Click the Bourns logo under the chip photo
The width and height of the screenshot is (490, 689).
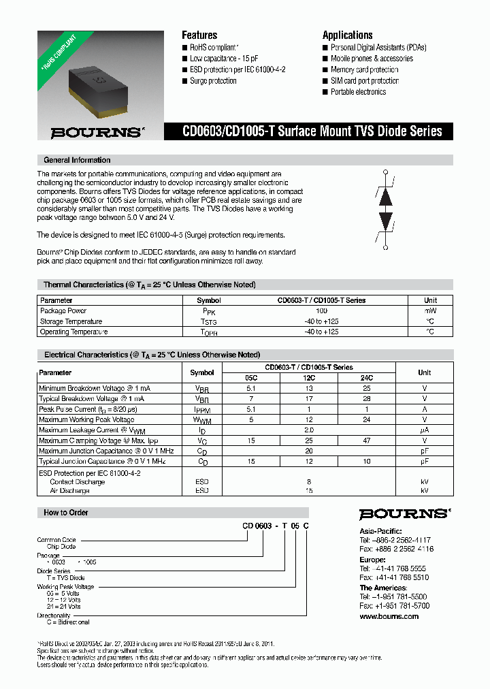pos(97,132)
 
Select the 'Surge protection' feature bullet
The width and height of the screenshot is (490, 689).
pos(213,81)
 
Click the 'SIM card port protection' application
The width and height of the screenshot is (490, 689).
pos(364,81)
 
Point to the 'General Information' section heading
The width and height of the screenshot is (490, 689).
pos(77,160)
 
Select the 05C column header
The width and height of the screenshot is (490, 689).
pos(252,377)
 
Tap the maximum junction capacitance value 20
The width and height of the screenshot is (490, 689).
pos(309,451)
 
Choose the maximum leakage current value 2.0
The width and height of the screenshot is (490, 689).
pos(309,430)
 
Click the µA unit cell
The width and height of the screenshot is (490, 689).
pos(425,430)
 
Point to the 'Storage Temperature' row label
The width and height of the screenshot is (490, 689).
pos(71,321)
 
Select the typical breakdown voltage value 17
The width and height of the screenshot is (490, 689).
pos(309,398)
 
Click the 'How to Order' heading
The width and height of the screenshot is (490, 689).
pos(66,513)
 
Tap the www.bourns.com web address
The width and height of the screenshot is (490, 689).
pos(389,616)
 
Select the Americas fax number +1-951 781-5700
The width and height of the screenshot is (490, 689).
pos(394,605)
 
